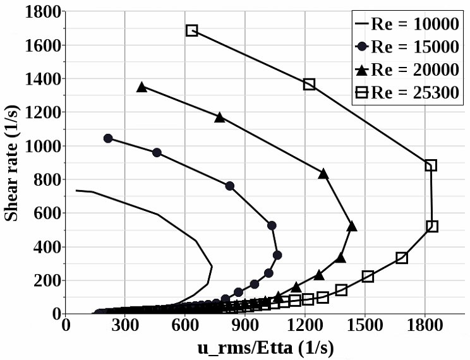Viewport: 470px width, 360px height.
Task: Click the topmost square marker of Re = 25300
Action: (x=192, y=30)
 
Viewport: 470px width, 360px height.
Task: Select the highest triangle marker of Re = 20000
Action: (x=142, y=87)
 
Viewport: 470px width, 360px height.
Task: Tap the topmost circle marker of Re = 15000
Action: (x=108, y=138)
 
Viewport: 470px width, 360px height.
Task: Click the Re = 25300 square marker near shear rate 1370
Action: (x=309, y=84)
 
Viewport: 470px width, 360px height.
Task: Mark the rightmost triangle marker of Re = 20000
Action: (x=352, y=225)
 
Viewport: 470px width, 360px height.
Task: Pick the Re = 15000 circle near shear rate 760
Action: (x=229, y=186)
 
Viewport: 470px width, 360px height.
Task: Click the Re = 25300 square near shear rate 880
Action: (x=431, y=165)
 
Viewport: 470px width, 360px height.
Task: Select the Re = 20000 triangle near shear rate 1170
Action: (x=220, y=117)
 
